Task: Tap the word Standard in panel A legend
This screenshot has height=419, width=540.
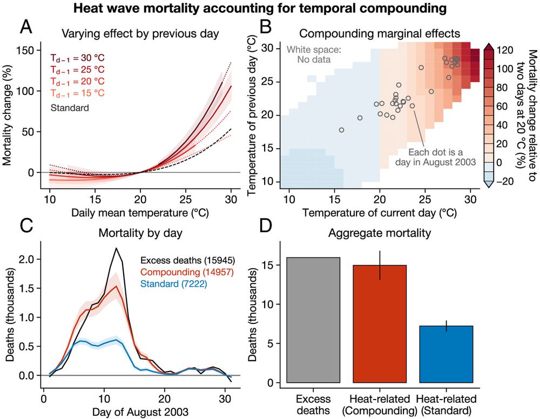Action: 70,107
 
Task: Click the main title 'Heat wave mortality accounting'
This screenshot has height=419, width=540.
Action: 270,8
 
